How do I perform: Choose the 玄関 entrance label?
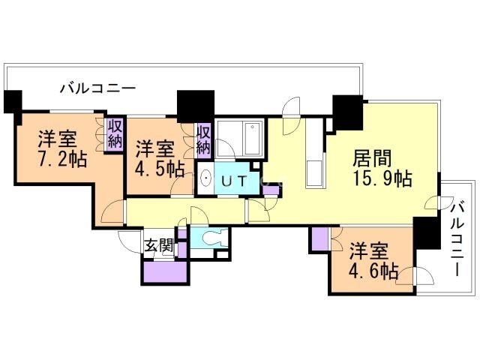[x=159, y=244]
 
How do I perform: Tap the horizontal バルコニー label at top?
[x=98, y=88]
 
